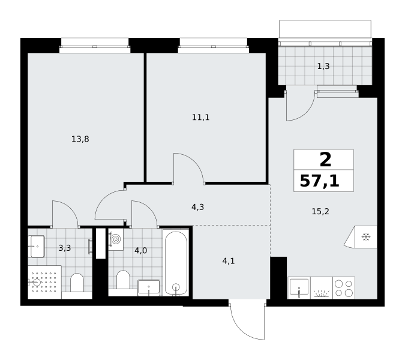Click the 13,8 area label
[80, 139]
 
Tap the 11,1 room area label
[200, 118]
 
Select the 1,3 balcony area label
[323, 67]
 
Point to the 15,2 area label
[320, 212]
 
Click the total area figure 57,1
[320, 181]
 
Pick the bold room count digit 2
[325, 160]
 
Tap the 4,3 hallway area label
[197, 207]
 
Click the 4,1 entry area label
[229, 261]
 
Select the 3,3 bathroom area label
[65, 248]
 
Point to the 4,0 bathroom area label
[141, 251]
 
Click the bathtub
[176, 263]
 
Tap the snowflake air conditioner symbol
[366, 237]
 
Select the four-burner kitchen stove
[344, 288]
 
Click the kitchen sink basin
[299, 287]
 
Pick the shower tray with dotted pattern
[44, 282]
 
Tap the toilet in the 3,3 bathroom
[77, 283]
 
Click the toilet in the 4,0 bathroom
[123, 280]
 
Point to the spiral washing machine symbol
[116, 239]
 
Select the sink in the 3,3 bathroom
[37, 247]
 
